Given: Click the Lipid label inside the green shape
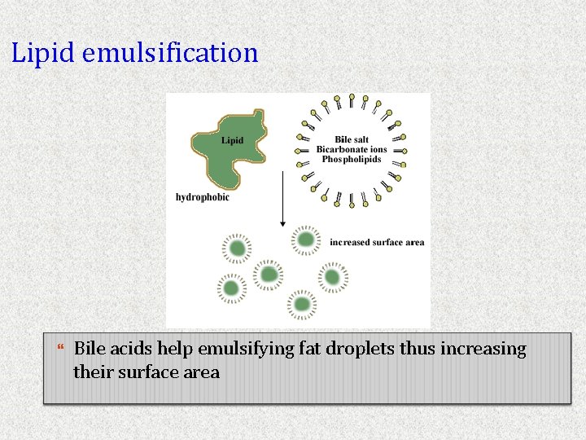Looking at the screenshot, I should (x=232, y=140).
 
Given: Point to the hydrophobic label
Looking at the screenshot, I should (x=203, y=196).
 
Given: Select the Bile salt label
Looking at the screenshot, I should (x=352, y=140).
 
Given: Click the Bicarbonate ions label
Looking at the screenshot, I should (x=352, y=150).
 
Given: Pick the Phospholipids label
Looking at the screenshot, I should (x=352, y=159).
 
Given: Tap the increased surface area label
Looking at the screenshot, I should (x=377, y=242).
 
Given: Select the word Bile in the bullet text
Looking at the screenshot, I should (x=90, y=349).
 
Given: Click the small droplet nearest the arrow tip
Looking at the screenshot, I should (x=305, y=240).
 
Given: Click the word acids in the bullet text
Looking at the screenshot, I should (x=130, y=349).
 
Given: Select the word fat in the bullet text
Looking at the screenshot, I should (x=310, y=349).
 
